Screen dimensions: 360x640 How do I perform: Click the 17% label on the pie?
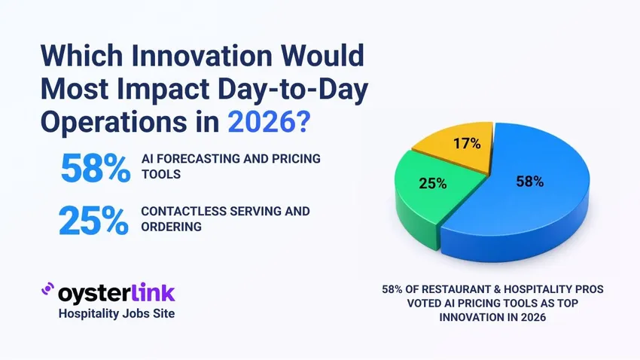[466, 142]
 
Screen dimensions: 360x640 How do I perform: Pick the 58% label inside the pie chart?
[529, 181]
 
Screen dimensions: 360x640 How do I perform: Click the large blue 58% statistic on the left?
[95, 169]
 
